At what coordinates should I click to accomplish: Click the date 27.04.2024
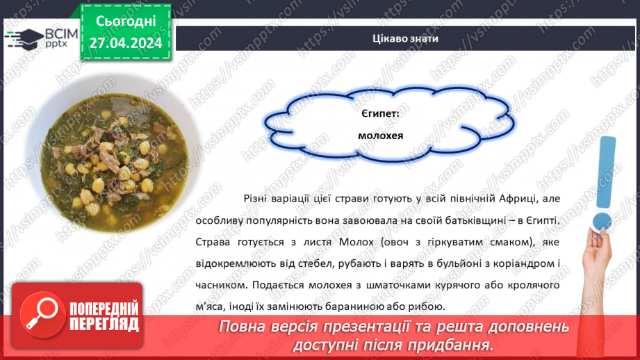point(125,42)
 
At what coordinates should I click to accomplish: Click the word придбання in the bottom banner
point(448,345)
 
